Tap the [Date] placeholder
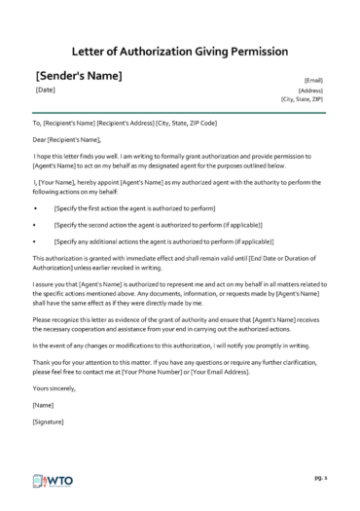[x=45, y=91]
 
